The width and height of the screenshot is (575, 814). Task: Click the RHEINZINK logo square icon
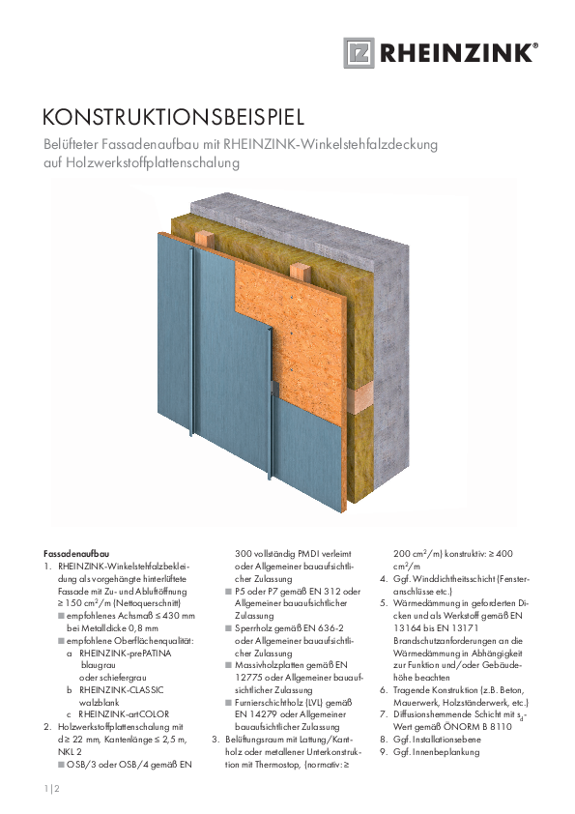coord(359,52)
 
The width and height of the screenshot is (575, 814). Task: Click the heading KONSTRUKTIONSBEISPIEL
coord(173,117)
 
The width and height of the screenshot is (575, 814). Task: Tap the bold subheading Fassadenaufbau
coord(76,554)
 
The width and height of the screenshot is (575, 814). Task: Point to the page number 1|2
coord(52,789)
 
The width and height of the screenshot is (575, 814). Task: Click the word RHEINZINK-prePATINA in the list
coord(125,654)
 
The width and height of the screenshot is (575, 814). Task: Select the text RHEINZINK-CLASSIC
coord(122,690)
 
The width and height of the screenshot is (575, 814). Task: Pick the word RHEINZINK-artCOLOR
coord(124,714)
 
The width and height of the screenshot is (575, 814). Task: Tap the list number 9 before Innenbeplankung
coord(384,752)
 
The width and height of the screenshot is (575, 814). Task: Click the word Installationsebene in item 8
coord(446,740)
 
